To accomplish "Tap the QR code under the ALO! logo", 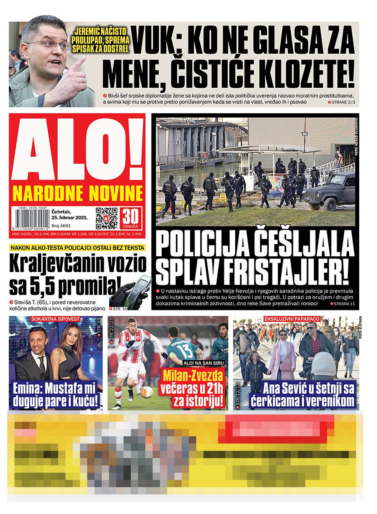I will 106,218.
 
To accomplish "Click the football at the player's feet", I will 146,392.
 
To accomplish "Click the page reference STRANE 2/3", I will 341,103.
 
